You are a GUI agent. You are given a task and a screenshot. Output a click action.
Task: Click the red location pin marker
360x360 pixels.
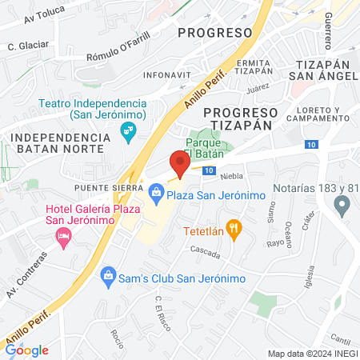click(x=180, y=164)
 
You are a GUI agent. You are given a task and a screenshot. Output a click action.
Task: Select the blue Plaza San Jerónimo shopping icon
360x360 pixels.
click(x=155, y=192)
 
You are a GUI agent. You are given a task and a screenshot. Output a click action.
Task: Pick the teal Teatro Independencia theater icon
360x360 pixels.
click(x=126, y=130)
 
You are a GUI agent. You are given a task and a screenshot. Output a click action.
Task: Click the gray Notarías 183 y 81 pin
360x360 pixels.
click(x=342, y=208)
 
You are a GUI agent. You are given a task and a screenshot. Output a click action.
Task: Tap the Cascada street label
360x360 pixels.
click(x=206, y=250)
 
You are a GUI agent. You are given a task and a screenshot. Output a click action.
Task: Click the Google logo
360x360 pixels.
click(x=27, y=350)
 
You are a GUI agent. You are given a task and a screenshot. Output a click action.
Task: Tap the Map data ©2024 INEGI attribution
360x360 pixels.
click(x=312, y=354)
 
